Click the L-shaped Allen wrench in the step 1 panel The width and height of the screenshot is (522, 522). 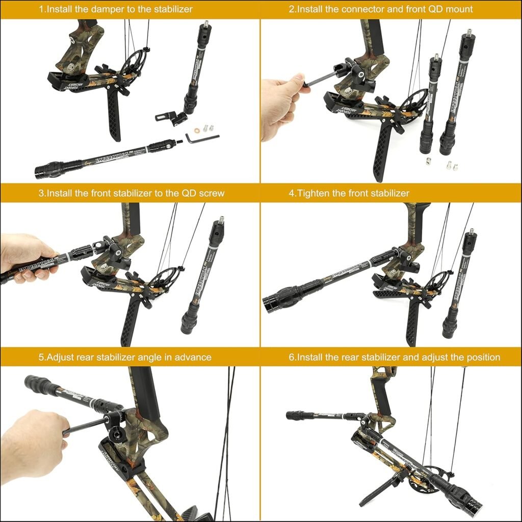click(x=200, y=138)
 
